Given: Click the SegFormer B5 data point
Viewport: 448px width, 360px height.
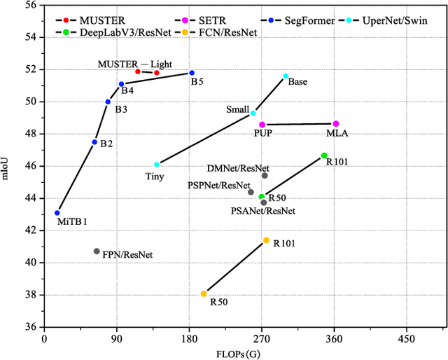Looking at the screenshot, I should [192, 73].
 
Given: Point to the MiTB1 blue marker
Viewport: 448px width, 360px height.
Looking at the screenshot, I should [57, 213].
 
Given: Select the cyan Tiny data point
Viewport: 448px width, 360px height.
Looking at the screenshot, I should [157, 165].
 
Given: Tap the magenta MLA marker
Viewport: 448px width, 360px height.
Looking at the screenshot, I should [335, 124].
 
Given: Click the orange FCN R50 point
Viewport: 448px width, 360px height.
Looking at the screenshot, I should [204, 293].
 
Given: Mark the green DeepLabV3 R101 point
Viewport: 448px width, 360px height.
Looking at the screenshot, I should [324, 155].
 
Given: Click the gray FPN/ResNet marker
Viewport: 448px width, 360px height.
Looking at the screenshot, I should [97, 251].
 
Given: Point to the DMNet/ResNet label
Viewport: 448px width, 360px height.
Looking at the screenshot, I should [238, 169].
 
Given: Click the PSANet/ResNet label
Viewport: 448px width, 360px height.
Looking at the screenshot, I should [263, 211].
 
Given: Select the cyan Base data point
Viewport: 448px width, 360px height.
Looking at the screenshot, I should [286, 76].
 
